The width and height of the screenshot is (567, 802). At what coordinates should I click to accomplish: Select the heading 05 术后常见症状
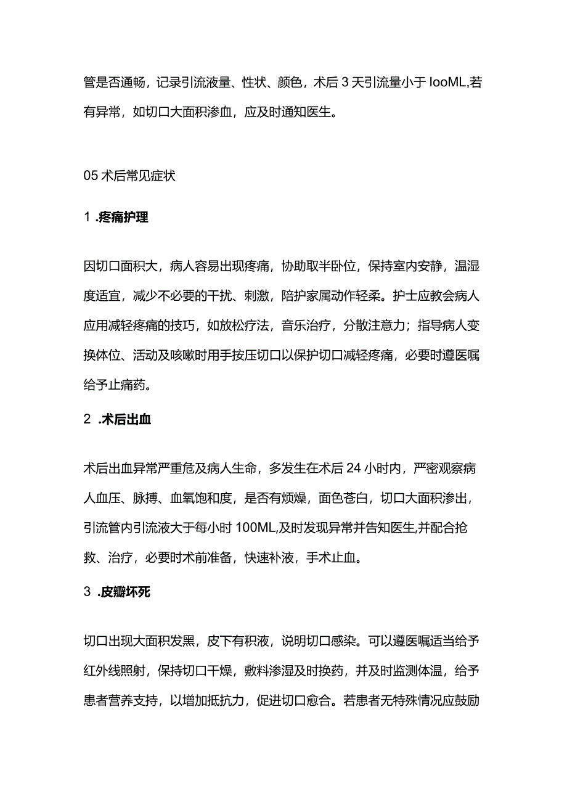129,176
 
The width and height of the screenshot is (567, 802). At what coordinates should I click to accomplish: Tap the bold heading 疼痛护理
123,218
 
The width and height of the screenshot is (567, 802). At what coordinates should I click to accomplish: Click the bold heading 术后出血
125,420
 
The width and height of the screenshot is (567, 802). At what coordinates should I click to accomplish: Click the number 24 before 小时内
353,468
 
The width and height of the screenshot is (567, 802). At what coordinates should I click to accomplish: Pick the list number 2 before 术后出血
87,420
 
